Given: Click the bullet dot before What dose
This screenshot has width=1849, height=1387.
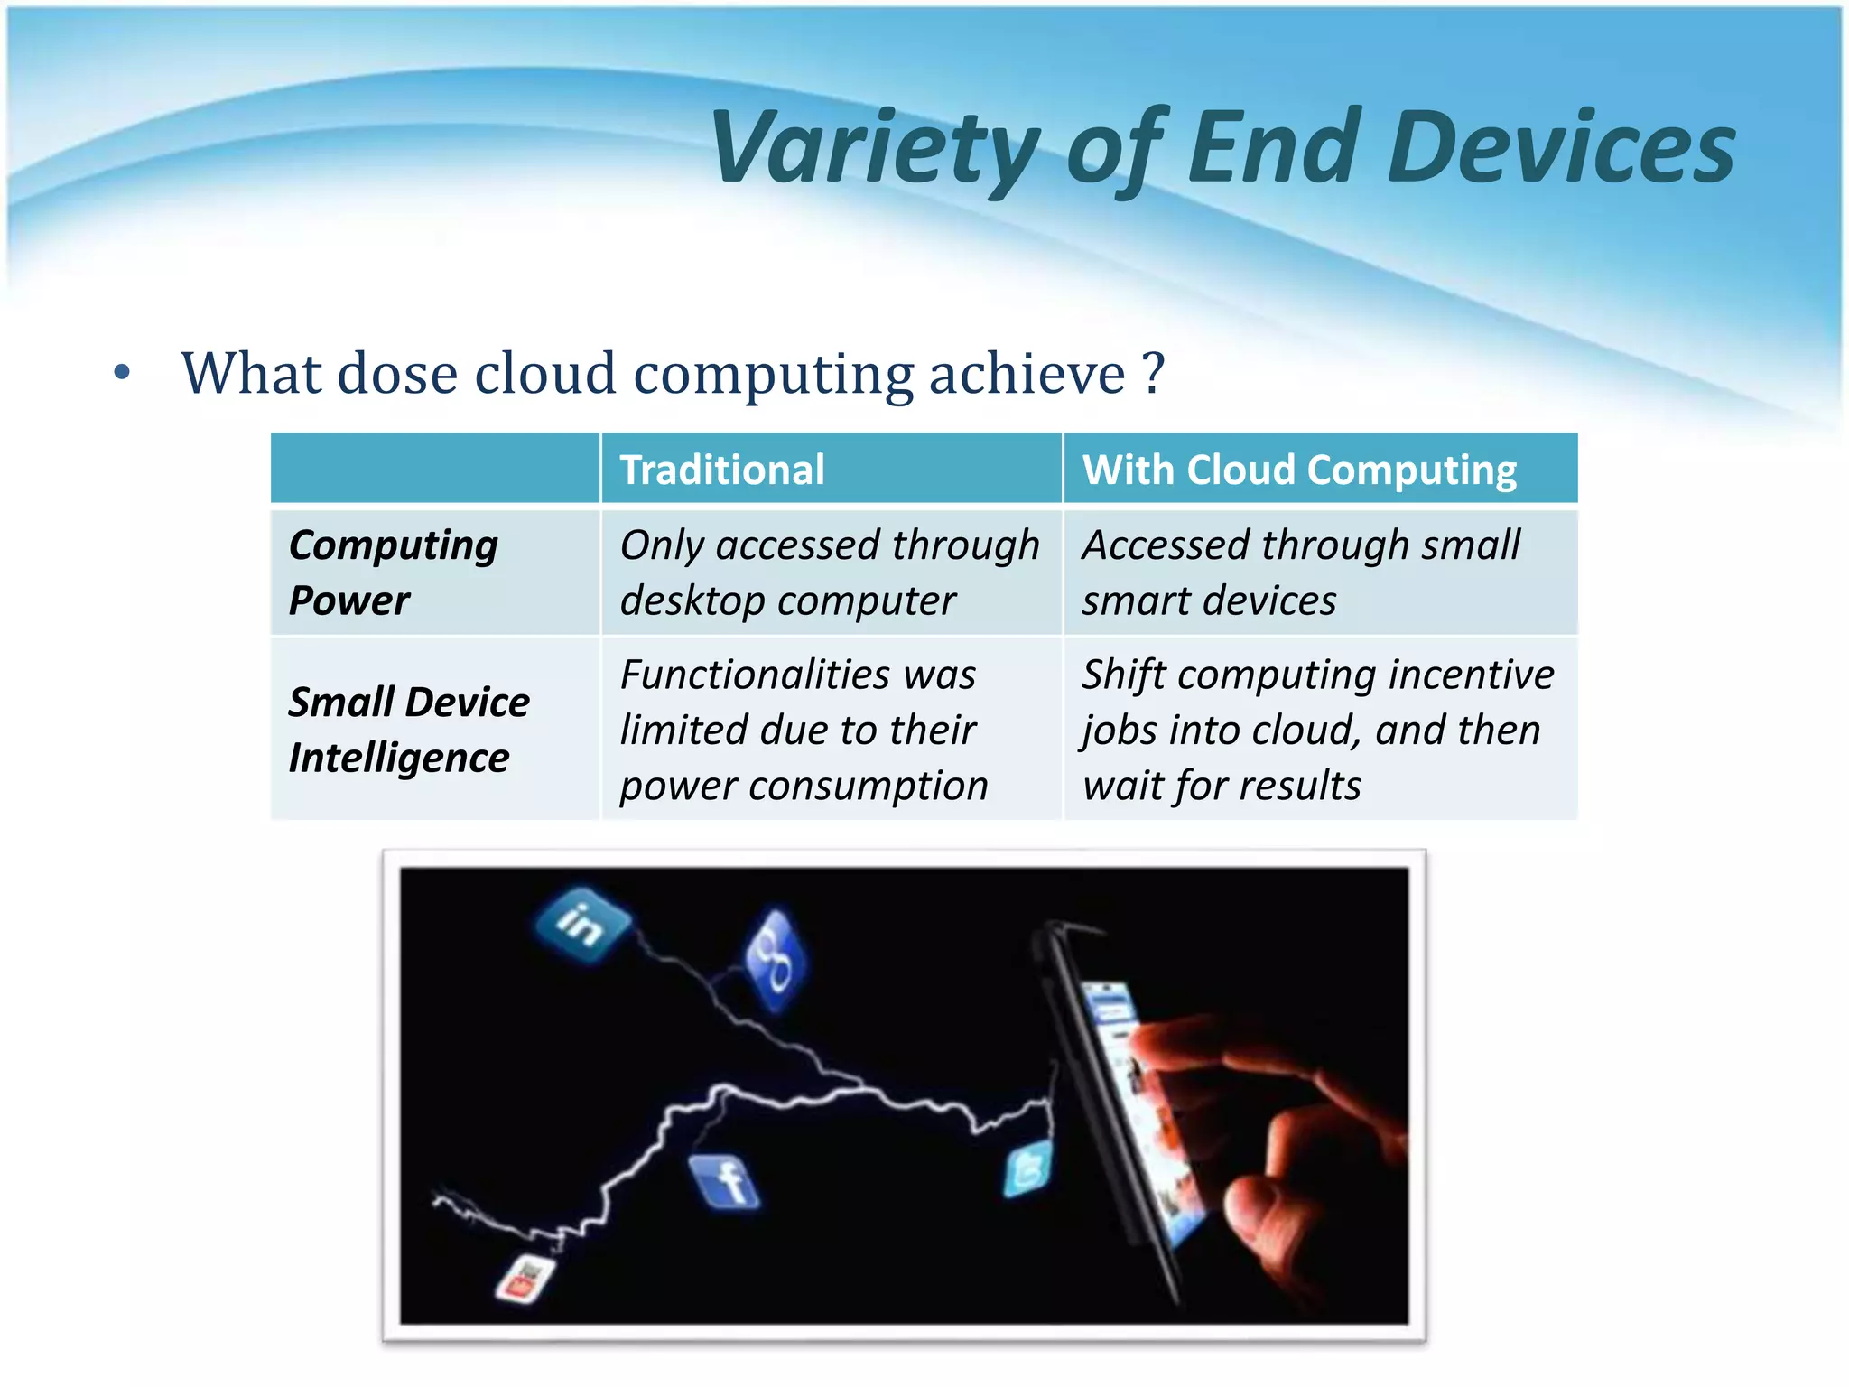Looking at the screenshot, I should pos(123,373).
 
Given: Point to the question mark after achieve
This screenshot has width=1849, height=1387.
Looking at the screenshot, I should pos(1153,374).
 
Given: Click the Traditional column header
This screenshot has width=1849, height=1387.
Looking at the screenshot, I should pos(722,470).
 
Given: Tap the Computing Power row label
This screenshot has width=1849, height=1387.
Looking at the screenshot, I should pos(394,572).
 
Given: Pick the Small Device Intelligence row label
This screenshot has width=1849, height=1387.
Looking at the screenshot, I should pos(408,730).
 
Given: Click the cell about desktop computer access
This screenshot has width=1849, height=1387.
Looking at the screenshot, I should pos(829,572).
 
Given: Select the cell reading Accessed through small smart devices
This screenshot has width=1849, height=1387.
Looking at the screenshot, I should pos(1300,572).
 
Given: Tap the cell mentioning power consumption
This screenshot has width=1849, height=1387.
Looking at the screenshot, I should pos(804,730).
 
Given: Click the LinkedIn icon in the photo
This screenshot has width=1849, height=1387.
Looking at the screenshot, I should pos(581,924).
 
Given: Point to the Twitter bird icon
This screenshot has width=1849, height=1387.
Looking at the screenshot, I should pos(1027,1170).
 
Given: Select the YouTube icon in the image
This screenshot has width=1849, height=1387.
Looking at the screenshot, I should pos(525,1278).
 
